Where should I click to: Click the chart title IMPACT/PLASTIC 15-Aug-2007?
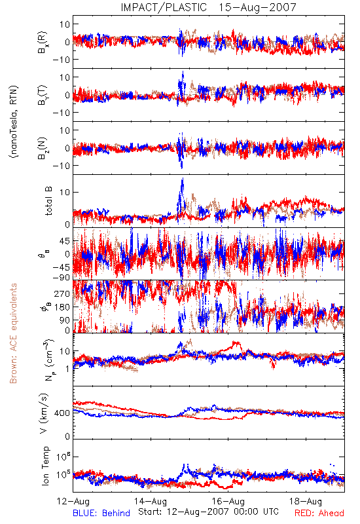pyautogui.click(x=208, y=7)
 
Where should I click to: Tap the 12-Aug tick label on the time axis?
pyautogui.click(x=73, y=501)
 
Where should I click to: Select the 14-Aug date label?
pyautogui.click(x=151, y=501)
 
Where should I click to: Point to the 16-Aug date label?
pyautogui.click(x=228, y=501)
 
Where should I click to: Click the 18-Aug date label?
pyautogui.click(x=306, y=501)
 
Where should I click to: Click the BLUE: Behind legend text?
pyautogui.click(x=101, y=513)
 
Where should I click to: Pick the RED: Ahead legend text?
pyautogui.click(x=319, y=513)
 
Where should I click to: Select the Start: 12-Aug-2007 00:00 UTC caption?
pyautogui.click(x=208, y=512)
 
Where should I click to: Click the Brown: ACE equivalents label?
pyautogui.click(x=13, y=333)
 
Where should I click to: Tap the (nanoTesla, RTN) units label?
pyautogui.click(x=14, y=121)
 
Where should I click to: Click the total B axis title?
pyautogui.click(x=48, y=201)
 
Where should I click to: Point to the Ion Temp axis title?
pyautogui.click(x=46, y=466)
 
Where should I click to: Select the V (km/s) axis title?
pyautogui.click(x=44, y=413)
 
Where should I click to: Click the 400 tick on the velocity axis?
pyautogui.click(x=62, y=413)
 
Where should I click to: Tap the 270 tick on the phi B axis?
pyautogui.click(x=62, y=293)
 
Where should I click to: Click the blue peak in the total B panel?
pyautogui.click(x=183, y=179)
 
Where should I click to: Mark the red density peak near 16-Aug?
pyautogui.click(x=237, y=343)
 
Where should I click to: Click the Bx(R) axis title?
pyautogui.click(x=43, y=42)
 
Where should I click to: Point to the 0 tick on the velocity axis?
pyautogui.click(x=67, y=436)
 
